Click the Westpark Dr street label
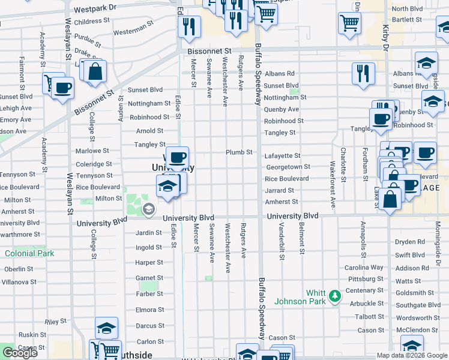tap(95, 10)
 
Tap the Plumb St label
tap(239, 152)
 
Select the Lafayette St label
tap(282, 155)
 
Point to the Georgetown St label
tap(288, 167)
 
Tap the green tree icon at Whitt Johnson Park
tap(334, 295)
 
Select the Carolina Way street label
tap(364, 268)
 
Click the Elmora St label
tap(149, 310)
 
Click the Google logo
tap(20, 353)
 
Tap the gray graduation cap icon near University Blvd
tap(148, 209)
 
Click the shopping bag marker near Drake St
tap(95, 71)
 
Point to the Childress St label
tap(92, 21)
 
